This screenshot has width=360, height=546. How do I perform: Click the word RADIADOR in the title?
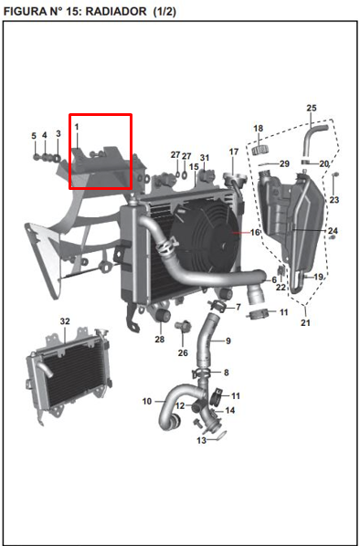point(116,12)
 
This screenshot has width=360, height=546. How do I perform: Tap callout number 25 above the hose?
point(312,108)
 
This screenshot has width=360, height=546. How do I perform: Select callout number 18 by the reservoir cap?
point(259,128)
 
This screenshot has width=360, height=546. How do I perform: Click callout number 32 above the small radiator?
point(65,321)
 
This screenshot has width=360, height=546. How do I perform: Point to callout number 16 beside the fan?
point(256,232)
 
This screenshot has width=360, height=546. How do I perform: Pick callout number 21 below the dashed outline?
point(305,323)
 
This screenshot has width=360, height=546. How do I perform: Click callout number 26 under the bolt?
point(183,353)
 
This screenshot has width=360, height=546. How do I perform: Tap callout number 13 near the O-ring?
point(201,440)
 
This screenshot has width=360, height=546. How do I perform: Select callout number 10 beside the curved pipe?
point(147,402)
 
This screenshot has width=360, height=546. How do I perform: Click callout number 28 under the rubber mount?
point(160,339)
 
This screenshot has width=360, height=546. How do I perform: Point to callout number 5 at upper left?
point(34,136)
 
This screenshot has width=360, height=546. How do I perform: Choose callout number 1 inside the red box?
point(77,128)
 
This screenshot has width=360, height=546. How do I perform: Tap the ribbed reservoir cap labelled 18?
point(259,150)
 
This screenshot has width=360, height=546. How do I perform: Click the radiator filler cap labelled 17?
point(235,178)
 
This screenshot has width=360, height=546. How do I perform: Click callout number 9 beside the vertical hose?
point(228,341)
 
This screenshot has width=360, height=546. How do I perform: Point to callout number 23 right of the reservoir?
point(334,200)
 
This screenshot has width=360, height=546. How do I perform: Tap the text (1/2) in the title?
point(164,12)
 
